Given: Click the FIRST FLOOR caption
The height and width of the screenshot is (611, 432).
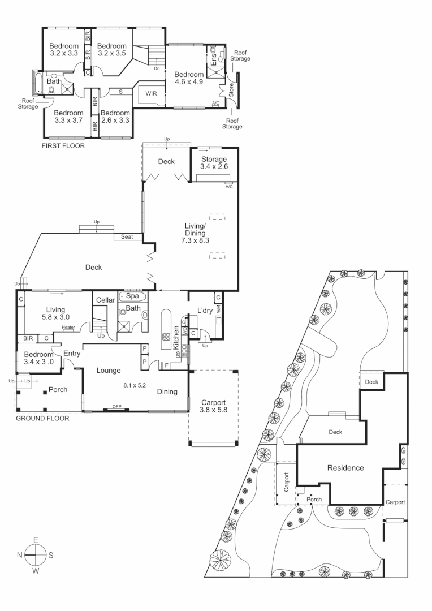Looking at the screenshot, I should coord(63,146).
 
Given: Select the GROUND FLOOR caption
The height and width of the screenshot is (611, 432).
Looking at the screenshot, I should coord(42,419).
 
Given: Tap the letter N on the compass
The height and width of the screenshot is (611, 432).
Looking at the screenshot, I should coord(20,555).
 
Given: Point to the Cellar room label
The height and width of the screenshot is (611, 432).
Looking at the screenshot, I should coord(105,300).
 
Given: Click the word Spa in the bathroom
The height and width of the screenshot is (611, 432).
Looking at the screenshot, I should coord(132,296).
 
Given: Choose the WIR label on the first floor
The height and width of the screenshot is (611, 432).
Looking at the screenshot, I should coord(151,93).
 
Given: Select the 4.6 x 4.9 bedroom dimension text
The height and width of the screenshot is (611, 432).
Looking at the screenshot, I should coord(189,83).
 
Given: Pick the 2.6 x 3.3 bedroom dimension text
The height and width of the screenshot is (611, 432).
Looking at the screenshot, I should coord(116,120).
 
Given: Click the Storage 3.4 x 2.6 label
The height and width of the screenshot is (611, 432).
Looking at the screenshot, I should coord(213,163).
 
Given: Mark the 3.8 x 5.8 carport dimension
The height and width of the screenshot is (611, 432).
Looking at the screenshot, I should coord(213,411).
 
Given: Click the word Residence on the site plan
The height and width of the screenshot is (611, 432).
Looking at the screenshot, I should coord(345,468).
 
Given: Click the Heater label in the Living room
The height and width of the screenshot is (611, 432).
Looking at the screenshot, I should coord(68,327).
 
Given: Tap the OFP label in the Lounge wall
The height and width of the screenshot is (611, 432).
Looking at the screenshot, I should coord(116,407).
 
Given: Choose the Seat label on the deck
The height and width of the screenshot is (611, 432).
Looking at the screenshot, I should coord(127,237).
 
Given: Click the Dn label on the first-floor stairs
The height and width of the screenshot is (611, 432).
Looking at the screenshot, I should coord(156,68).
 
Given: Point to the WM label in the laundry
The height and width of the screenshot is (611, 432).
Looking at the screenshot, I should coord(217,309).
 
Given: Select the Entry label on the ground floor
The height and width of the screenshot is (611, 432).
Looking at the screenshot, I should coord(72,354).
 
